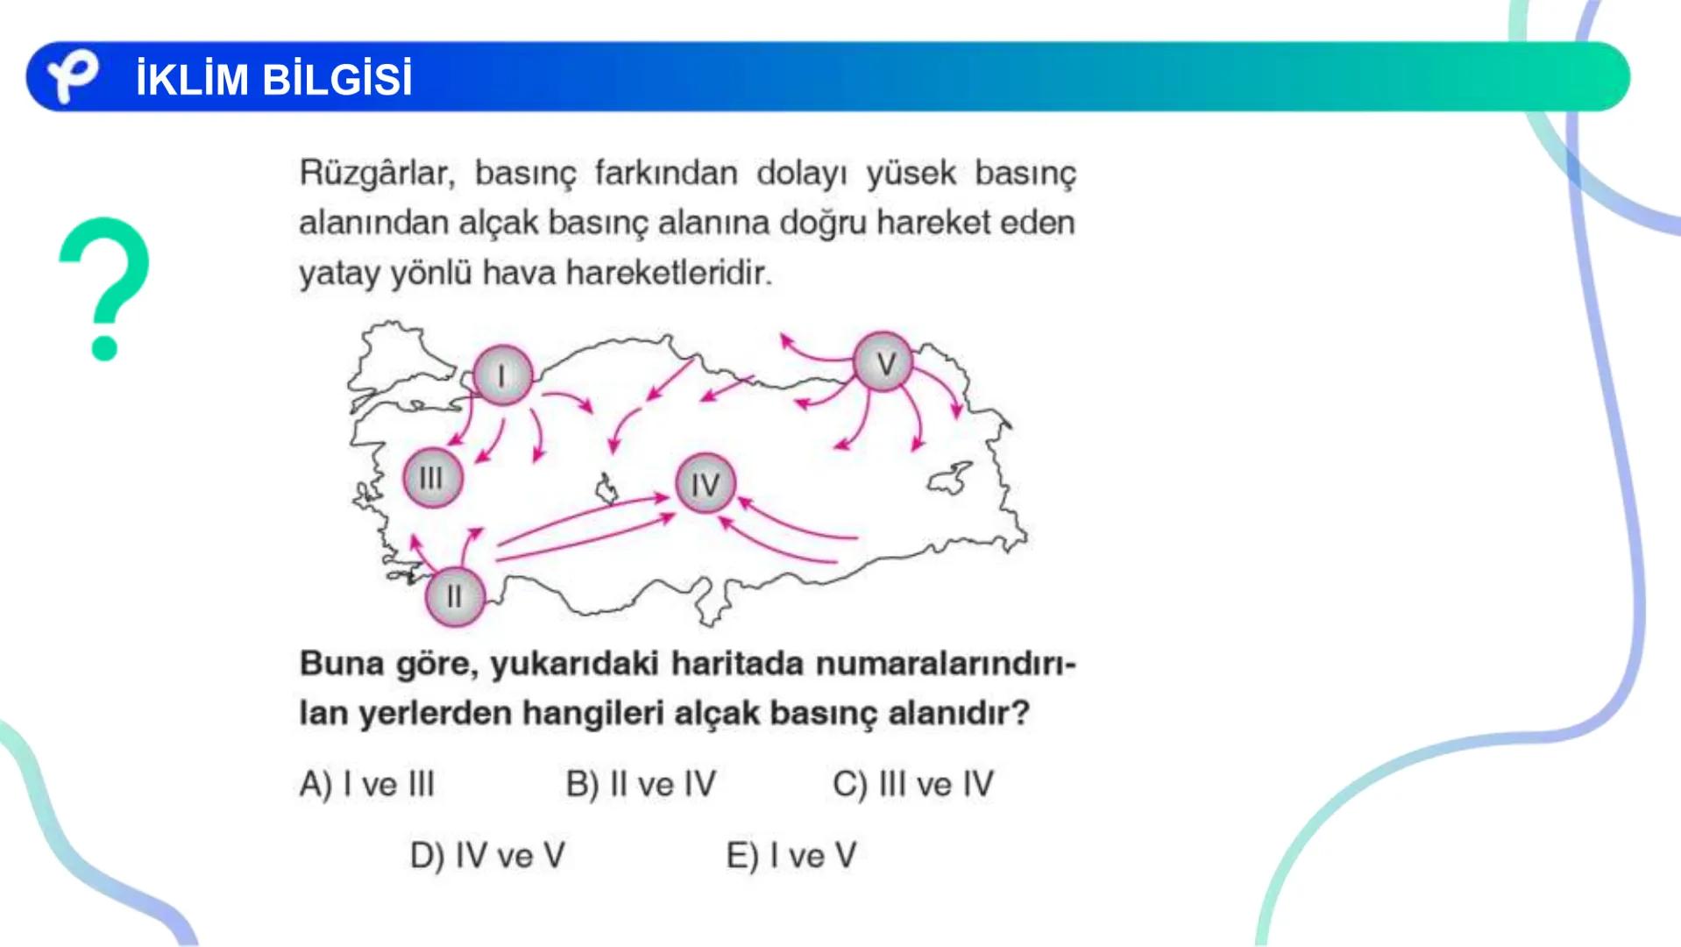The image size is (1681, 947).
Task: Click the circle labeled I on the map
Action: pos(502,375)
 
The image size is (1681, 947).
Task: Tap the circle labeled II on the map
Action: pos(454,596)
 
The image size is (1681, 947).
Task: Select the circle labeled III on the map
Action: pos(431,478)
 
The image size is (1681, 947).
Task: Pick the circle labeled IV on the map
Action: pos(705,483)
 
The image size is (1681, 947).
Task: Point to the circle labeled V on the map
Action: pos(884,362)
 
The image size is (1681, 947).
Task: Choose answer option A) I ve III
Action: pos(367,784)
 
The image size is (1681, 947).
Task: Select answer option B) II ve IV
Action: pos(641,784)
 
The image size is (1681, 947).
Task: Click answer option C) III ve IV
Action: pos(913,784)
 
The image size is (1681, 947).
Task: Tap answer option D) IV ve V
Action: pos(487,855)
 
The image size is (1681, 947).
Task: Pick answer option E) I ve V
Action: pos(791,855)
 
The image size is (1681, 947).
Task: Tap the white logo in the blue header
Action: pos(72,76)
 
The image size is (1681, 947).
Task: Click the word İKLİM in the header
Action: pos(193,79)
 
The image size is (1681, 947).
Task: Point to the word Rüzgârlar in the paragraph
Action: pos(377,174)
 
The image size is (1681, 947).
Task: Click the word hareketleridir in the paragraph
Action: pos(669,274)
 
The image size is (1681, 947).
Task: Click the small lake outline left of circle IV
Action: pos(606,488)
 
